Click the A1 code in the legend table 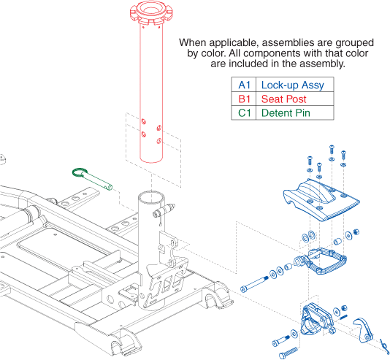pos(244,85)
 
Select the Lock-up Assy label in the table pos(292,85)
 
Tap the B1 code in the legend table pos(244,99)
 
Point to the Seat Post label pos(284,99)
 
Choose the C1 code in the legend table pos(244,113)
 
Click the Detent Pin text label pos(286,113)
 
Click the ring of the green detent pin pos(80,172)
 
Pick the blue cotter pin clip pos(383,345)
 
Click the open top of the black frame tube pos(151,196)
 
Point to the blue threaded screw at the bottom pos(288,353)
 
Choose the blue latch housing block pos(316,320)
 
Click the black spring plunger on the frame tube pos(164,210)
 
